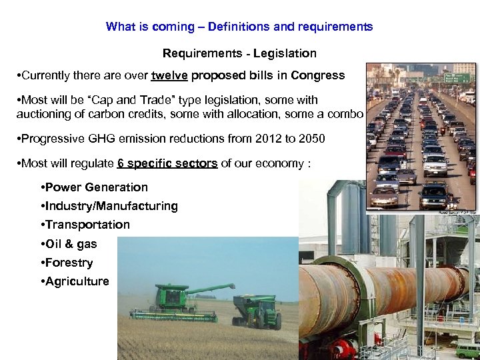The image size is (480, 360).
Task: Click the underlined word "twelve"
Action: point(170,75)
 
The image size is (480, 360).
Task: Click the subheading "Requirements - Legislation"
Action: point(239,53)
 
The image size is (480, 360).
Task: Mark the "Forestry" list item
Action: point(69,263)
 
